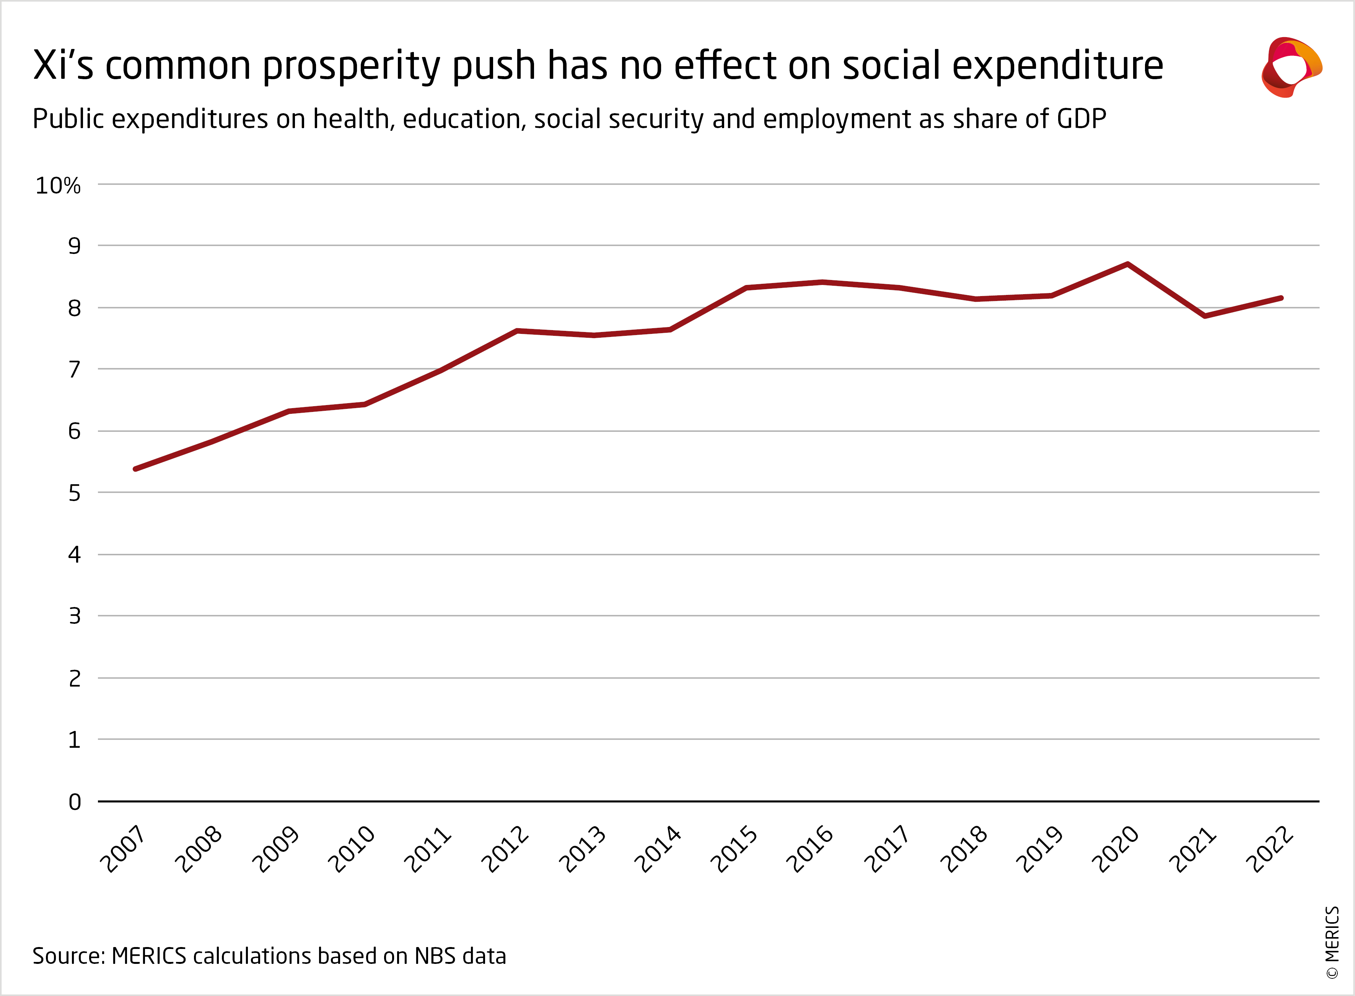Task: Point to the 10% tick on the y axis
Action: tap(58, 186)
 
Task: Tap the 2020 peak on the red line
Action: tap(1127, 264)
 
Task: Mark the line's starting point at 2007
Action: tap(136, 469)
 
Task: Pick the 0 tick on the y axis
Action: tap(74, 802)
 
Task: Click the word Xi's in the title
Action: tap(64, 65)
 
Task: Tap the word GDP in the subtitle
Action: tap(1081, 119)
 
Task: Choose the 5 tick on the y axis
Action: tap(74, 493)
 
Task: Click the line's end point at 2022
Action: tap(1280, 298)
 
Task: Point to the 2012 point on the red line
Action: tap(517, 330)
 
